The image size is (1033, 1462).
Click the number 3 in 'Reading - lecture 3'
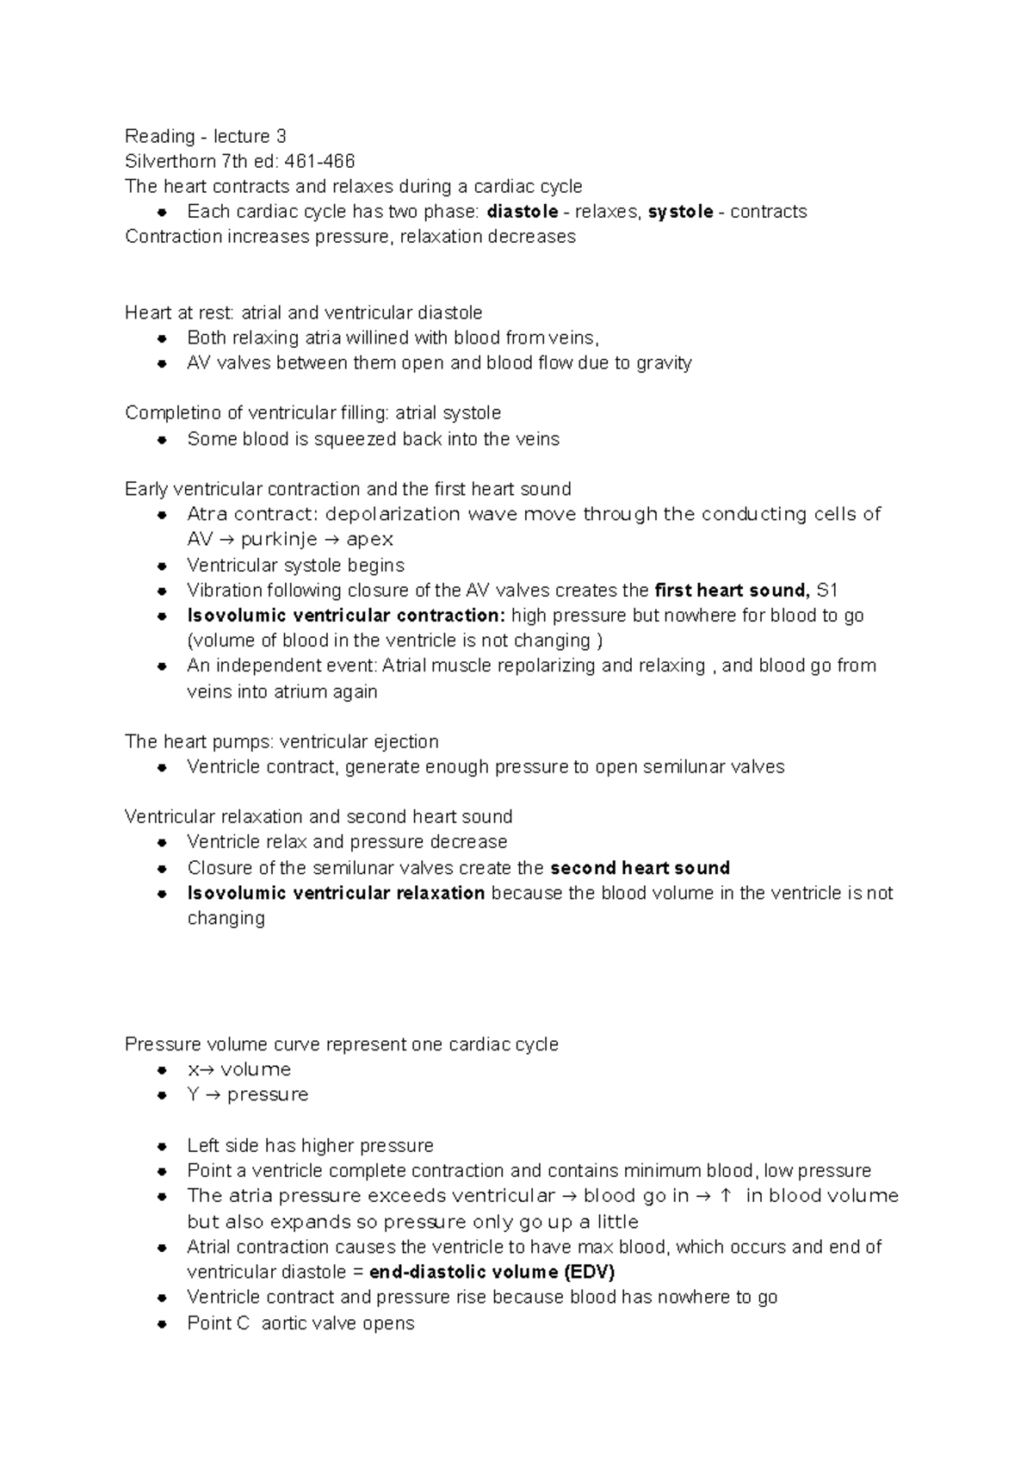tap(281, 136)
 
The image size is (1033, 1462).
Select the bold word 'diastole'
tap(522, 212)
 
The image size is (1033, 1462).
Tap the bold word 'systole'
tap(680, 212)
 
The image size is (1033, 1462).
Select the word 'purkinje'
tap(278, 540)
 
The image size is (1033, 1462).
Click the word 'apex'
tap(370, 540)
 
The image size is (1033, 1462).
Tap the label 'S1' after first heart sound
tap(827, 591)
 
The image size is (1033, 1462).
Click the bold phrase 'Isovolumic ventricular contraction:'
tap(346, 616)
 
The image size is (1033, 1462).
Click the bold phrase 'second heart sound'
tap(640, 868)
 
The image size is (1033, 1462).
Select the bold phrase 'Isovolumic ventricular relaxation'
tap(336, 893)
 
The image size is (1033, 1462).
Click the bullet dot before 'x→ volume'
tap(161, 1070)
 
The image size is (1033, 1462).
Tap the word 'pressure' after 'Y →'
tap(268, 1094)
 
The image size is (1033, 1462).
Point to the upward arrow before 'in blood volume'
tap(726, 1196)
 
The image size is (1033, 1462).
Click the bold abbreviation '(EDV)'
tap(589, 1272)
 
